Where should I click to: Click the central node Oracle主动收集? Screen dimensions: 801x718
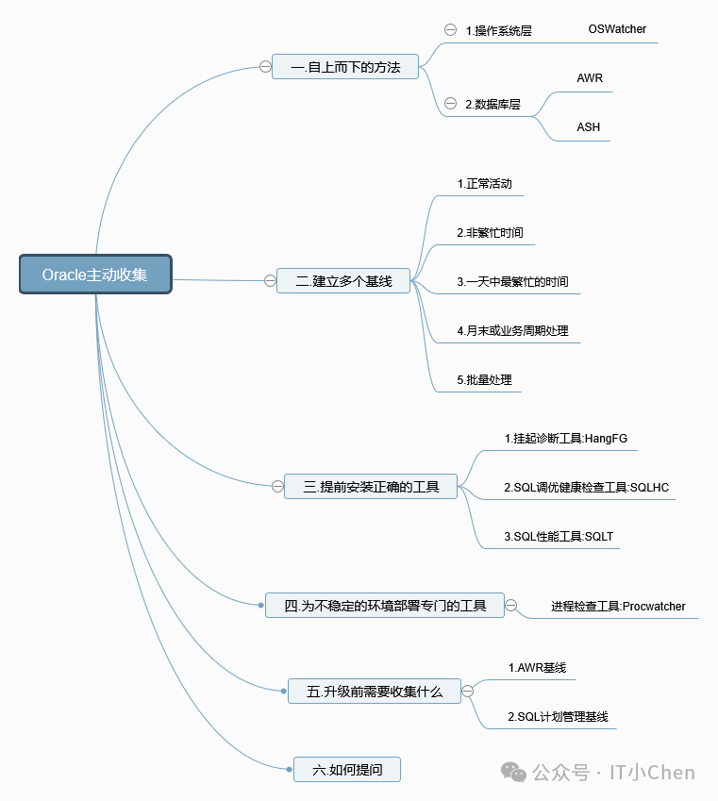pos(95,274)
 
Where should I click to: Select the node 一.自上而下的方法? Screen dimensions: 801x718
pos(345,67)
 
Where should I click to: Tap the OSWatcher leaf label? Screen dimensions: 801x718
pos(617,29)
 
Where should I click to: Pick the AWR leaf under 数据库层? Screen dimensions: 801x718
pos(590,78)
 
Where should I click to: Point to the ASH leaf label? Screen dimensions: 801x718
pos(589,127)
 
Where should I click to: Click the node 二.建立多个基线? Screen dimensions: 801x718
pos(343,280)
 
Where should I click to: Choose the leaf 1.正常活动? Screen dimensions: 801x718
pos(485,183)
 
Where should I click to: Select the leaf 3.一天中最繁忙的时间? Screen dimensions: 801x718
pos(512,281)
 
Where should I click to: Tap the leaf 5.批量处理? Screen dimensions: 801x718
pos(484,380)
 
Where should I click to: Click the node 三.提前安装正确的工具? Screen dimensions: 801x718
pos(371,487)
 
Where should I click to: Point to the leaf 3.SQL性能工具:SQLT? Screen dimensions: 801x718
pos(559,536)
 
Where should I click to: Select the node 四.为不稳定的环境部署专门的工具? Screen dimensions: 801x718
pos(386,606)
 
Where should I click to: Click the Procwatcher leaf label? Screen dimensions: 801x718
pos(618,606)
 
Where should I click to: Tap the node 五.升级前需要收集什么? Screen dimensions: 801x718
pos(374,691)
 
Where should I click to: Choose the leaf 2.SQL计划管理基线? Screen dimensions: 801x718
pos(558,716)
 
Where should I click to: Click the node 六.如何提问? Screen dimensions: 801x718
pos(347,770)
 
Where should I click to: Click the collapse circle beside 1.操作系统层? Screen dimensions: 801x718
pos(450,29)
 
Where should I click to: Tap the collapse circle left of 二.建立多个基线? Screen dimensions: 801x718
pos(270,280)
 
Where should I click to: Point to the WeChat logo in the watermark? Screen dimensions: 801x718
pos(514,772)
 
